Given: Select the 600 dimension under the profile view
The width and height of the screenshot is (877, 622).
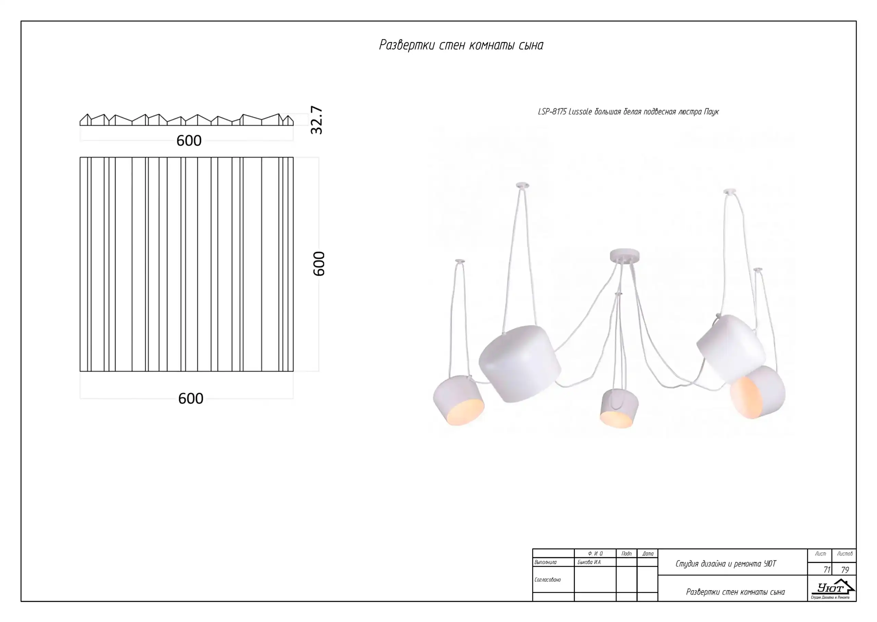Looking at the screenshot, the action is point(189,140).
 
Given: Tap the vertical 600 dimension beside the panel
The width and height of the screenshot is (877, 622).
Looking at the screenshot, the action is point(319,263).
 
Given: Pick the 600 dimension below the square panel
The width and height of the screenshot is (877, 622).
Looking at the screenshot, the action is point(191,399).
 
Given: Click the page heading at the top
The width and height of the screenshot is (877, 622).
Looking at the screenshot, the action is point(461,45).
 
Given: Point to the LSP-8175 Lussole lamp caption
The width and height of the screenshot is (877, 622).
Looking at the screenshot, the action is point(628,111).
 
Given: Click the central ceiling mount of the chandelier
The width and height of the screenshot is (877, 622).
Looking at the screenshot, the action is point(625,256).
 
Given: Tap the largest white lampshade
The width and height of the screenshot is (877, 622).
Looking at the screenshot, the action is point(520,363).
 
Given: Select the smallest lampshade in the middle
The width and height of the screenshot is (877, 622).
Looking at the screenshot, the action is point(619,408).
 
